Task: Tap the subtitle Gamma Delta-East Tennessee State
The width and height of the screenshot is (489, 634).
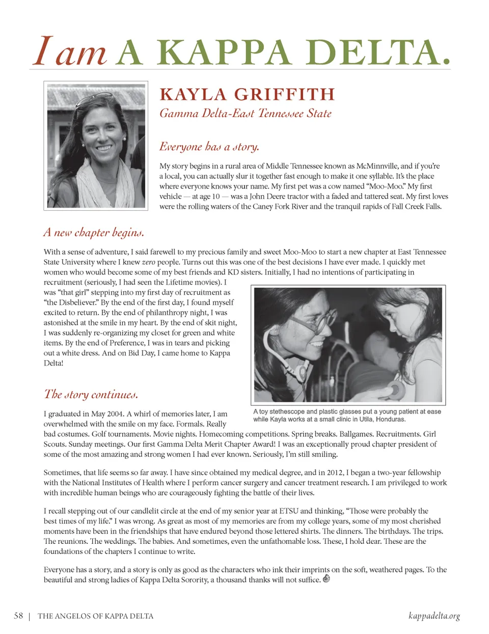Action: coord(246,113)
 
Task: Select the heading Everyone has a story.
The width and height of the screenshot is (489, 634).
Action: coord(209,147)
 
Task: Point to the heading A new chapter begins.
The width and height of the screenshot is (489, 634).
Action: coord(94,233)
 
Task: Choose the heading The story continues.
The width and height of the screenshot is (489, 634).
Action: coord(91,394)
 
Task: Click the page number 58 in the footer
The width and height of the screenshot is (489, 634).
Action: coord(18,616)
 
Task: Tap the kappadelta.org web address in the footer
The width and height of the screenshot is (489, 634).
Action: coord(434,616)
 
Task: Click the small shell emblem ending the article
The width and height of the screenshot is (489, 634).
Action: coord(327,579)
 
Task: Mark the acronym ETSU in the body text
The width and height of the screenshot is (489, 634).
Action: coord(288,511)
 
